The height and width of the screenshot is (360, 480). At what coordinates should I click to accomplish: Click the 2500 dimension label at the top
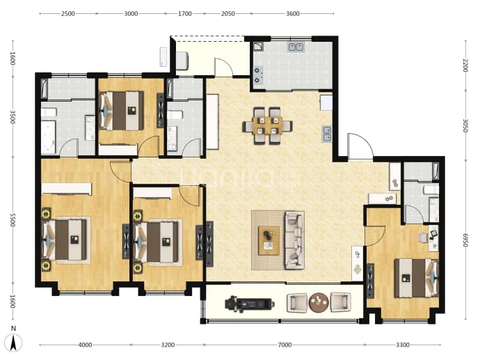coord(68,13)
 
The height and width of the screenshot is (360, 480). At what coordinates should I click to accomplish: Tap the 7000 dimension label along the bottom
coord(285,345)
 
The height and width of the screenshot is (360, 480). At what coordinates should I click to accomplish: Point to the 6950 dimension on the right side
coord(465,240)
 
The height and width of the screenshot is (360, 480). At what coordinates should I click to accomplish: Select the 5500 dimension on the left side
coord(13,220)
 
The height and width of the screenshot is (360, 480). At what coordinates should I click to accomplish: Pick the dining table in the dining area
coord(268,125)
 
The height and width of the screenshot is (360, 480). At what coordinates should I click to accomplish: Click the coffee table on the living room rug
coord(269,240)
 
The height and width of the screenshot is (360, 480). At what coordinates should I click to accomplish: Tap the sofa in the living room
coord(294,240)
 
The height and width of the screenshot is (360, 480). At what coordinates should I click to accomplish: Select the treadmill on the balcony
coord(250,304)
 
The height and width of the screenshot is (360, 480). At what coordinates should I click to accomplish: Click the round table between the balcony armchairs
coord(319,302)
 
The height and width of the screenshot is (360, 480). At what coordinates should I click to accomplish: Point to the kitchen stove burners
coord(257,75)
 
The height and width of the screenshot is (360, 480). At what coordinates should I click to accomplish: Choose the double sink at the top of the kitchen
coord(296,47)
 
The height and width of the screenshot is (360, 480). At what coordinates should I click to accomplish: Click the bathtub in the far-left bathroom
coord(49,138)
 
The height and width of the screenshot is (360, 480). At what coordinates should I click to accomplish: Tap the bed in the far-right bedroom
coord(416,278)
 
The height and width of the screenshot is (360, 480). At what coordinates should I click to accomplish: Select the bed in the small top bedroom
coord(122,111)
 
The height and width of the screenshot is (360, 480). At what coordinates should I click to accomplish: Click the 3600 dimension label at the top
coord(293,13)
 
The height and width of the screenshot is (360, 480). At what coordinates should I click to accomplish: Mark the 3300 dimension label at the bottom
coord(403,345)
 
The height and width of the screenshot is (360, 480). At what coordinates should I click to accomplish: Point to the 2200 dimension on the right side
coord(465,65)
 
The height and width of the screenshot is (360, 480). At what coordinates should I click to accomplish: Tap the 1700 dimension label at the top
coord(185,13)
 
